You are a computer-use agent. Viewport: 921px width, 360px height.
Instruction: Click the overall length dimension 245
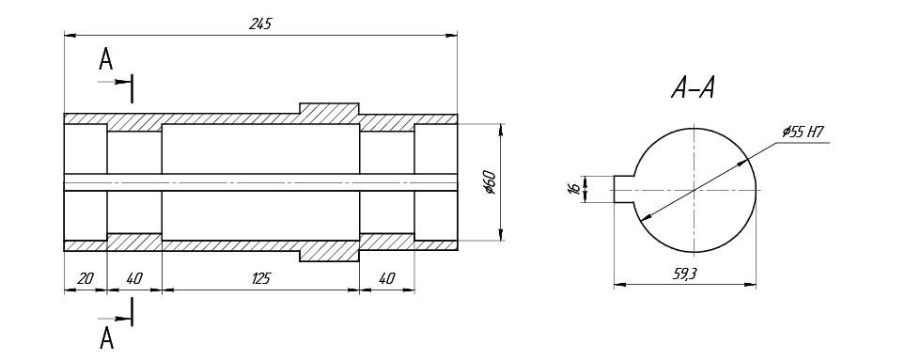click(x=260, y=23)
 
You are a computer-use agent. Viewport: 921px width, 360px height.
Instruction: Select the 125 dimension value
click(x=260, y=278)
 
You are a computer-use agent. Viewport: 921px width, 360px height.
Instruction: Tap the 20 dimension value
click(x=86, y=278)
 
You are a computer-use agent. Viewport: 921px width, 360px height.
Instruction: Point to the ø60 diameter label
click(x=491, y=182)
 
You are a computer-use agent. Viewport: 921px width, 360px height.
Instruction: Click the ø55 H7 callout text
click(x=804, y=133)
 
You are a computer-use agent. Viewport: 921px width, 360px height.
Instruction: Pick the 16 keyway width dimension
click(x=575, y=189)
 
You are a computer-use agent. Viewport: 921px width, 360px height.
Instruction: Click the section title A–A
click(x=694, y=88)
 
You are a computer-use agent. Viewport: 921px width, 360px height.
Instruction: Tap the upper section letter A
click(x=105, y=59)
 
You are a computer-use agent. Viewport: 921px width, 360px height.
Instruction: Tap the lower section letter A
click(x=106, y=337)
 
